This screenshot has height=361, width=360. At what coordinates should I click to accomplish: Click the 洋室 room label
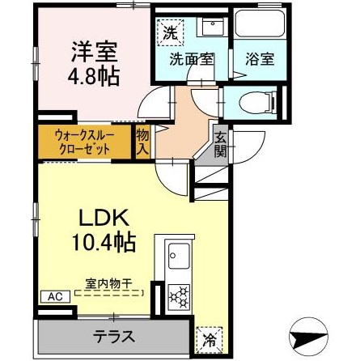[x=94, y=52]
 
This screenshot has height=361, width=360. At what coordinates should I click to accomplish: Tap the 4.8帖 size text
[x=94, y=76]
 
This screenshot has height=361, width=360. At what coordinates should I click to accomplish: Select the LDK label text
[x=103, y=218]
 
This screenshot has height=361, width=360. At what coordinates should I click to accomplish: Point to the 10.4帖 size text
[x=103, y=242]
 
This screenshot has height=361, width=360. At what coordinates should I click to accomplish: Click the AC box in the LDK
[x=55, y=296]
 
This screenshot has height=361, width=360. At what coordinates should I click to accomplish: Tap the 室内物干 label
[x=108, y=283]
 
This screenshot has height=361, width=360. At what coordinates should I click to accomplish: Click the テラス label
[x=114, y=336]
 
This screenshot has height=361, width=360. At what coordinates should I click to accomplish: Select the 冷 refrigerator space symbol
[x=210, y=340]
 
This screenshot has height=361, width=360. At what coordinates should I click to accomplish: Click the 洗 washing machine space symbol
[x=171, y=32]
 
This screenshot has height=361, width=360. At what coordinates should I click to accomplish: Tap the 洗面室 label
[x=192, y=59]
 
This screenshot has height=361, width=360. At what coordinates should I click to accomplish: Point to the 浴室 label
[x=260, y=59]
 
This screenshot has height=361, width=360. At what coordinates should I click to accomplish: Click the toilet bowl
[x=257, y=103]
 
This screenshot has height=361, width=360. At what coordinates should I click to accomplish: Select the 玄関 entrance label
[x=221, y=146]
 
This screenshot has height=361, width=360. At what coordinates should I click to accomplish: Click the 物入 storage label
[x=142, y=142]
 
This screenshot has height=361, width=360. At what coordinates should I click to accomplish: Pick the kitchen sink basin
[x=179, y=256]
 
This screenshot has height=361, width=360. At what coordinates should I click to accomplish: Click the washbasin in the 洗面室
[x=213, y=27]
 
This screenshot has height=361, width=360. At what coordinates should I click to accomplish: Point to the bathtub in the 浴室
[x=260, y=23]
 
